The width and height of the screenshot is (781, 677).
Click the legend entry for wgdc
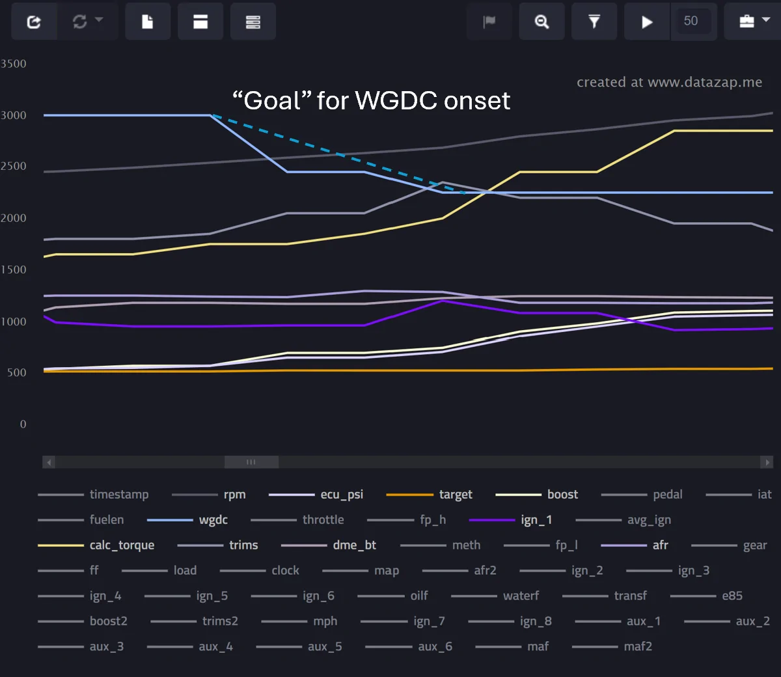[x=187, y=519]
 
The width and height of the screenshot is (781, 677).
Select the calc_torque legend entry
[x=96, y=545]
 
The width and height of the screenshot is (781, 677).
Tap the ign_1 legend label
[x=536, y=519]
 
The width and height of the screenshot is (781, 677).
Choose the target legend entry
[x=430, y=495]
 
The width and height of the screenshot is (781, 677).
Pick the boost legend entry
[x=536, y=495]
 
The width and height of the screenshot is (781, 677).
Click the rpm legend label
[x=235, y=495]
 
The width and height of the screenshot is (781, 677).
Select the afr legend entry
[x=635, y=545]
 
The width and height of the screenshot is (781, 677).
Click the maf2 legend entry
[x=612, y=646]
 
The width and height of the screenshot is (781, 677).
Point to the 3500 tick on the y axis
[x=14, y=64]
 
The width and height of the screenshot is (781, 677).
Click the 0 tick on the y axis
[x=23, y=424]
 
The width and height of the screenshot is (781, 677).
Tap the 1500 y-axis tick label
[x=14, y=269]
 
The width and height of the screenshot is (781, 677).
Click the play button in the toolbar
[x=647, y=22]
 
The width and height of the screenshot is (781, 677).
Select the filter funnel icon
[x=594, y=21]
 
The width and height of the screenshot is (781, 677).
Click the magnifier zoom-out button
[x=542, y=21]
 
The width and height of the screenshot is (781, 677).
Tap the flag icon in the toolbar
[x=489, y=21]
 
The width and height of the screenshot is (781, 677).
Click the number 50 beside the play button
[x=691, y=21]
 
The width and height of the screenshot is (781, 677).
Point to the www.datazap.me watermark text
[x=705, y=82]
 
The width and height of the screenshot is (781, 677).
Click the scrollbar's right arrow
[x=767, y=462]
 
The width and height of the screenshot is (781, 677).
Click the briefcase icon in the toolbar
[x=747, y=21]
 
